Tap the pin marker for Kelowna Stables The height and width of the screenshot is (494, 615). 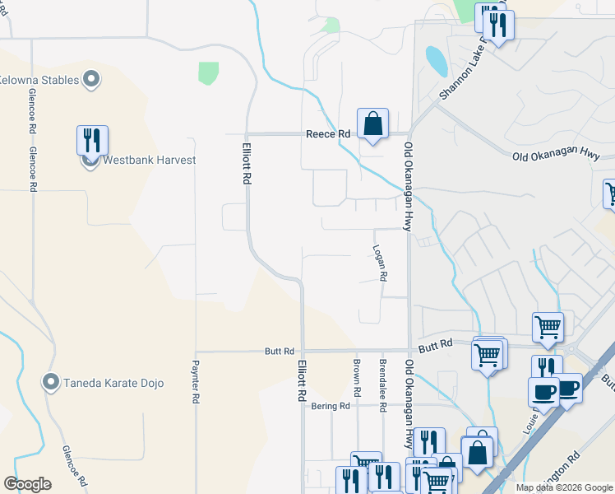tap(91, 80)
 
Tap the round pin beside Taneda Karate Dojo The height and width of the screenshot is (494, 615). tap(51, 383)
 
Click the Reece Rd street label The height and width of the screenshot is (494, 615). tap(328, 133)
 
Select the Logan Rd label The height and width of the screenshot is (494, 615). tap(379, 262)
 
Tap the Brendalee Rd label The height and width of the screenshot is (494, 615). tap(382, 384)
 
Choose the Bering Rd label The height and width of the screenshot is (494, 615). tap(331, 406)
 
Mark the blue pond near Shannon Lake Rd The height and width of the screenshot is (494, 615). tap(435, 59)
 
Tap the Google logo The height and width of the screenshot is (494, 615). tap(27, 484)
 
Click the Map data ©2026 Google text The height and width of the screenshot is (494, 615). tap(564, 487)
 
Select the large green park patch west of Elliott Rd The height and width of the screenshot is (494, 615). tap(208, 72)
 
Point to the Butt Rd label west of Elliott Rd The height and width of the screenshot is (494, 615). tap(279, 352)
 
